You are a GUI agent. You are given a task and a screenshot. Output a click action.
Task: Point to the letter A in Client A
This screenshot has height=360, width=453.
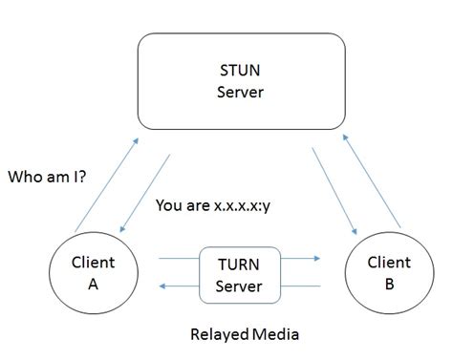pos(93,283)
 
